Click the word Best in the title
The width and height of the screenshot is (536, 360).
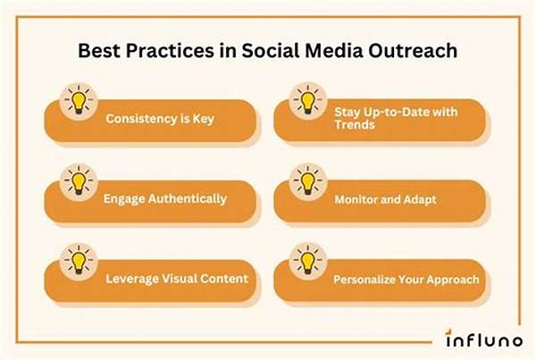coord(99,51)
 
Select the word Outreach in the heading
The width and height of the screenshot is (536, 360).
coord(413,51)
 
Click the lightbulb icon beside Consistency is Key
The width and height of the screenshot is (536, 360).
coord(79,102)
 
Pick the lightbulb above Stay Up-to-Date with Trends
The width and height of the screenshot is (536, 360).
coord(307,101)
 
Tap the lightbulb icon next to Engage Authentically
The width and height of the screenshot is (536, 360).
coord(79,182)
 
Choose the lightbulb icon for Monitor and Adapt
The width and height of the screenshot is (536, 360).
coord(307,182)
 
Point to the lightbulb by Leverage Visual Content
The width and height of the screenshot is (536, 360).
coord(79,262)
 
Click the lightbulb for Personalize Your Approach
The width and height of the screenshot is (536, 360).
coord(307,261)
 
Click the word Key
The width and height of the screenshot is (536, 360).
coord(203,119)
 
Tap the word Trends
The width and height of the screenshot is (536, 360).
coord(355,124)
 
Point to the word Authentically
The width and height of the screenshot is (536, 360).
coord(188,199)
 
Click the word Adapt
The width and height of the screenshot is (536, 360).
coord(420,200)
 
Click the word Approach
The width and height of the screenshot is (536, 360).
coord(453,280)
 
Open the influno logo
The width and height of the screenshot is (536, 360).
coord(483,339)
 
